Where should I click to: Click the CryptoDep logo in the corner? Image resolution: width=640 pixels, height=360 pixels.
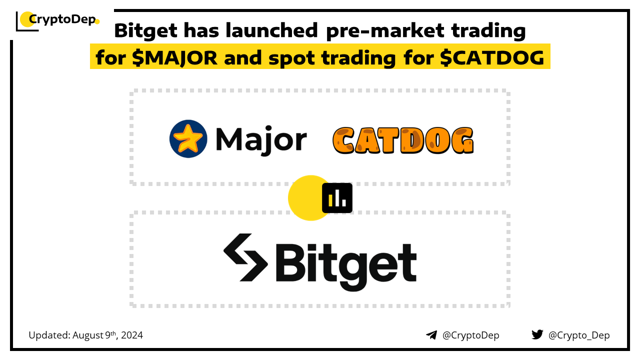pyautogui.click(x=57, y=20)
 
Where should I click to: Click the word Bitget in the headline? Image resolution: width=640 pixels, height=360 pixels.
pyautogui.click(x=145, y=31)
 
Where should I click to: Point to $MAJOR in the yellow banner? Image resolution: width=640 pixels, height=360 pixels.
pyautogui.click(x=174, y=57)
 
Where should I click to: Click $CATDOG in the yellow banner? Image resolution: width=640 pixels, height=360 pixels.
pyautogui.click(x=492, y=57)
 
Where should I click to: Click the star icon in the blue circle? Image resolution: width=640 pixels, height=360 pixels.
pyautogui.click(x=187, y=138)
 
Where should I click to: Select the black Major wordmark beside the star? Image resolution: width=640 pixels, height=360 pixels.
pyautogui.click(x=261, y=140)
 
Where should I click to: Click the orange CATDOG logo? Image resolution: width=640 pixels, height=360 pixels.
pyautogui.click(x=403, y=140)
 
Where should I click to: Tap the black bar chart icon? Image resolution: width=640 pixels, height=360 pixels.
pyautogui.click(x=337, y=198)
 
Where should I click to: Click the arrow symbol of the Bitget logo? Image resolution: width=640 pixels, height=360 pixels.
pyautogui.click(x=245, y=257)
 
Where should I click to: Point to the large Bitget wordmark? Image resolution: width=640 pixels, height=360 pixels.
pyautogui.click(x=346, y=266)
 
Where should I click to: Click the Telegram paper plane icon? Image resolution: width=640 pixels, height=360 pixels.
pyautogui.click(x=431, y=335)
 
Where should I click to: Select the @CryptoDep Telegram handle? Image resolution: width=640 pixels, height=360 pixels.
pyautogui.click(x=470, y=335)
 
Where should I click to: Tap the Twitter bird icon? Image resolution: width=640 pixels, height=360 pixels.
pyautogui.click(x=537, y=334)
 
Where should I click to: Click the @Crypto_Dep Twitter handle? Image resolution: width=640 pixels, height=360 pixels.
pyautogui.click(x=579, y=335)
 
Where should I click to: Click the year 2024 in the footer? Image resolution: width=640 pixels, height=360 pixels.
pyautogui.click(x=132, y=335)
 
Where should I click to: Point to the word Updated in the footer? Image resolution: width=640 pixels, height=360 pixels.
pyautogui.click(x=49, y=335)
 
